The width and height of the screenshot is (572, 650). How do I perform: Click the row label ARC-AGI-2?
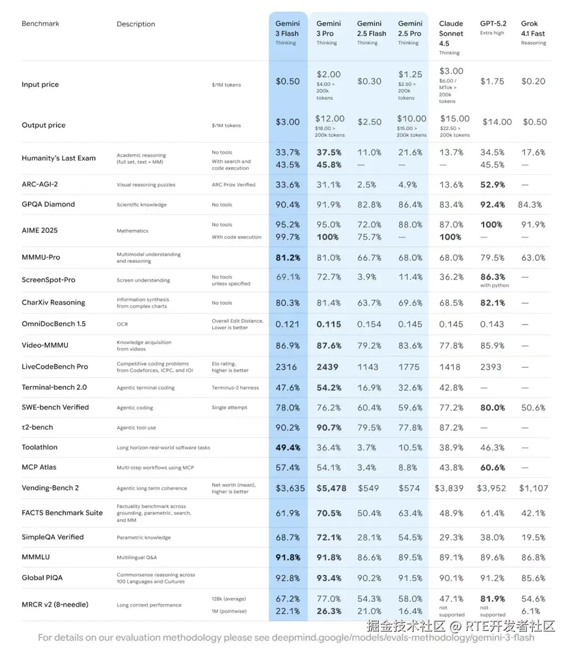click(x=40, y=184)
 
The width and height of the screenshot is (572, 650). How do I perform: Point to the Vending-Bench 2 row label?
click(x=50, y=488)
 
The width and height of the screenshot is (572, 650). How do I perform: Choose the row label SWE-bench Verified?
click(x=55, y=407)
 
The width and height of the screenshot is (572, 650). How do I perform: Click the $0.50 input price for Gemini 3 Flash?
click(x=288, y=82)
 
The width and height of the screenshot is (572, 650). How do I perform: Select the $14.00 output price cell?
click(x=497, y=122)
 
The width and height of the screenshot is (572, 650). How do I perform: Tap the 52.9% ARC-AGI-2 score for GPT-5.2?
click(x=492, y=185)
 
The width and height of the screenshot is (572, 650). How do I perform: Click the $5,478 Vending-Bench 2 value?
click(x=331, y=488)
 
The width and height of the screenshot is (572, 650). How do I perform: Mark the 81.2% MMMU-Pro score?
click(x=288, y=258)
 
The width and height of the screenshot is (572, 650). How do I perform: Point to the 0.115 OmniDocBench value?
click(x=328, y=324)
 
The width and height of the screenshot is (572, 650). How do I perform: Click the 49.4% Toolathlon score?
click(x=288, y=448)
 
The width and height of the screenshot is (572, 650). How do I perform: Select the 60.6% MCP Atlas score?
click(x=492, y=468)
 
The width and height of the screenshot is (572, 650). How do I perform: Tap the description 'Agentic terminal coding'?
click(x=146, y=388)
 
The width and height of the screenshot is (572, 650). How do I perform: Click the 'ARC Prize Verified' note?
click(x=234, y=185)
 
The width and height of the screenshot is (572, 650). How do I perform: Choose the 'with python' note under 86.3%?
click(x=494, y=286)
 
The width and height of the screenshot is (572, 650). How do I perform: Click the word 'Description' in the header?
click(x=136, y=24)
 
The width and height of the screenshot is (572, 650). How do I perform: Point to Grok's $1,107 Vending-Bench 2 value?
click(x=533, y=488)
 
